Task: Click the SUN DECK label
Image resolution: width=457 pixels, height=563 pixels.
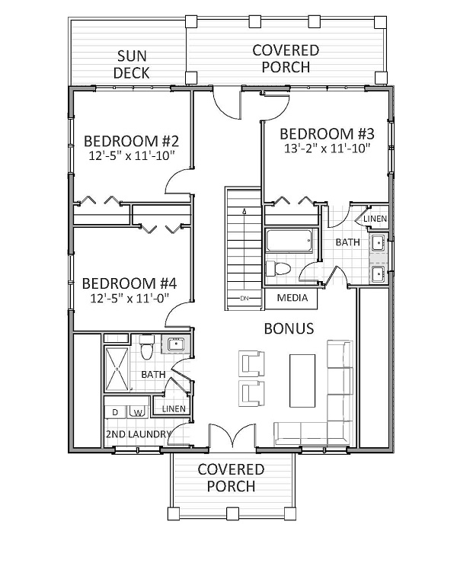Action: point(131,65)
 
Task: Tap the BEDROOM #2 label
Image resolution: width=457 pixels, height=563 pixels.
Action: point(131,141)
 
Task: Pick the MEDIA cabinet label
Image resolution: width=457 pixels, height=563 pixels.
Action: point(292,297)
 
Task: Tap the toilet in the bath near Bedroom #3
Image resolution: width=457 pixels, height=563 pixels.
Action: point(278,270)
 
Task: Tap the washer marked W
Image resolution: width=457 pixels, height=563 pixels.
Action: point(138,412)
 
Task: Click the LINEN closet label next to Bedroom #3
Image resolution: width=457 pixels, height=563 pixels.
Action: point(375,219)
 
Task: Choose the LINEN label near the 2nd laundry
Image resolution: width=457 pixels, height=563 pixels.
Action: point(173,410)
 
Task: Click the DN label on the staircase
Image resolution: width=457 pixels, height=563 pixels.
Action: point(244,299)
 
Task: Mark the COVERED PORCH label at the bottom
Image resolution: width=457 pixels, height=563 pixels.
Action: point(231,478)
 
